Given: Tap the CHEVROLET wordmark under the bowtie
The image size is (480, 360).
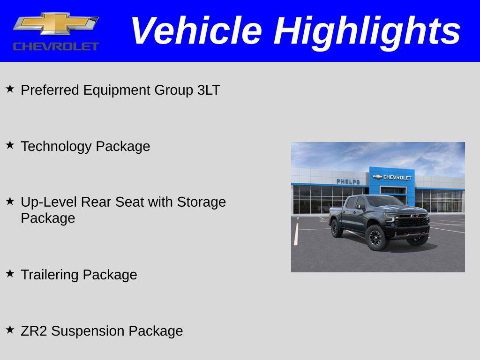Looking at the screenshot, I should [x=56, y=46].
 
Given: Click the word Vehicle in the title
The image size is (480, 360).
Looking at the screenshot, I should [x=195, y=31].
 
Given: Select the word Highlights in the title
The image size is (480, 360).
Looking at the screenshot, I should [x=367, y=31].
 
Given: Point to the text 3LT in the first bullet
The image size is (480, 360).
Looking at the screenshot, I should [x=209, y=90].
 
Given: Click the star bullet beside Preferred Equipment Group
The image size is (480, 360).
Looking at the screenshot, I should [x=10, y=89].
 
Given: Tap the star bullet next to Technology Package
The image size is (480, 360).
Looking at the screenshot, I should [x=10, y=145].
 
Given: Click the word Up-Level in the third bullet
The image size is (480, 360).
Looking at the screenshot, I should [x=49, y=202].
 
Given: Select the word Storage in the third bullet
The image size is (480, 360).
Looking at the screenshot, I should [x=201, y=202].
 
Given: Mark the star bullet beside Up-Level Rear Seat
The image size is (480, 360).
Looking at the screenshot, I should [x=10, y=201].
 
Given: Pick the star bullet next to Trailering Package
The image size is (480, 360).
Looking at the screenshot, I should [x=10, y=273].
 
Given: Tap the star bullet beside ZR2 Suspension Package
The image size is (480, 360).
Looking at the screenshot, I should [x=10, y=330].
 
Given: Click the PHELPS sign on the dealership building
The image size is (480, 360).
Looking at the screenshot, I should [x=348, y=181].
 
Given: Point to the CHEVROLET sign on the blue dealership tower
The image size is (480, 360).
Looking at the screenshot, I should [x=393, y=177].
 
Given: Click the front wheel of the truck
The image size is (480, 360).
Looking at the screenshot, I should [x=376, y=238].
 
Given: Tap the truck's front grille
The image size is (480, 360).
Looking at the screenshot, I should [x=412, y=221].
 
